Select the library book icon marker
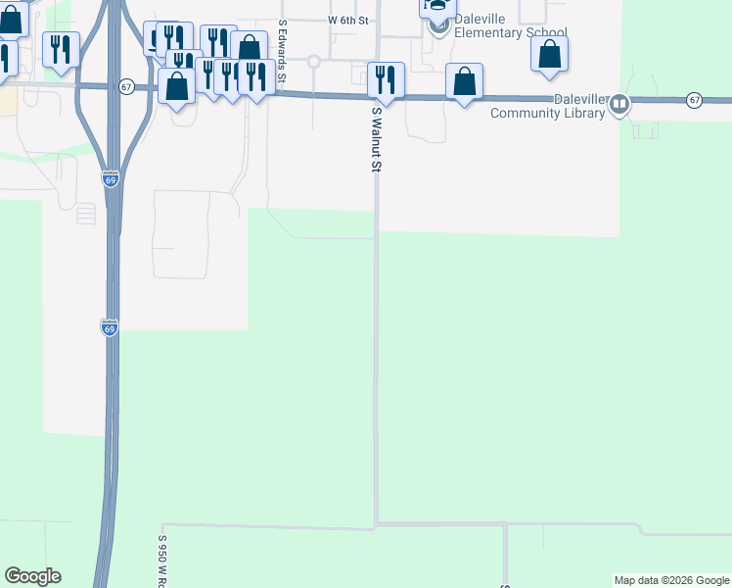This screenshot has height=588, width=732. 618,106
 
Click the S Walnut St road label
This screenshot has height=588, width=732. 375,140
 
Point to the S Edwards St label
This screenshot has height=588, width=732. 282,49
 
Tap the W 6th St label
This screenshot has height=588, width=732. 347,20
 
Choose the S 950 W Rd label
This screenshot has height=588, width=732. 162,561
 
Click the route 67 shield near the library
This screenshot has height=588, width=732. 694,100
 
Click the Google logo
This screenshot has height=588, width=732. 32,576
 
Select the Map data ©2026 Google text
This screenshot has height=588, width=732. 672,580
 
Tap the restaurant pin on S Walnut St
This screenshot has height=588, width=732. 387,78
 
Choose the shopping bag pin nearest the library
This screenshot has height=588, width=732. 465,80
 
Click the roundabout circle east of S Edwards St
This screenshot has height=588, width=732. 313,61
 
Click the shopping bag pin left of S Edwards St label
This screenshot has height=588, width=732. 249,48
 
